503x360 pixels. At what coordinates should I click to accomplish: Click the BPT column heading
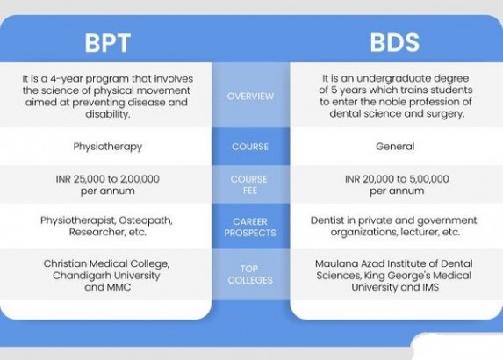pyautogui.click(x=108, y=43)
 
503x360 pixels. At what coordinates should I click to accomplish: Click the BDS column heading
pyautogui.click(x=394, y=42)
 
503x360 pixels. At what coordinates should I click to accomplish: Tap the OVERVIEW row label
pyautogui.click(x=250, y=97)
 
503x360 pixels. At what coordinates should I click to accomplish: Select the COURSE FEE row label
pyautogui.click(x=249, y=184)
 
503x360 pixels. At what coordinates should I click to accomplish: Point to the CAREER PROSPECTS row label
pyautogui.click(x=250, y=227)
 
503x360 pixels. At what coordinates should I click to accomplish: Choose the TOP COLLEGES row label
pyautogui.click(x=250, y=274)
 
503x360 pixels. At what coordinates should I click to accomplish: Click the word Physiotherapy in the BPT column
pyautogui.click(x=108, y=147)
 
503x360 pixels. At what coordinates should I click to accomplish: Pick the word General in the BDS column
pyautogui.click(x=395, y=147)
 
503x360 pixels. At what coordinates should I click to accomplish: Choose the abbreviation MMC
pyautogui.click(x=119, y=287)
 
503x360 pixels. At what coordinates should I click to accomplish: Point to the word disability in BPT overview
pyautogui.click(x=107, y=114)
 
